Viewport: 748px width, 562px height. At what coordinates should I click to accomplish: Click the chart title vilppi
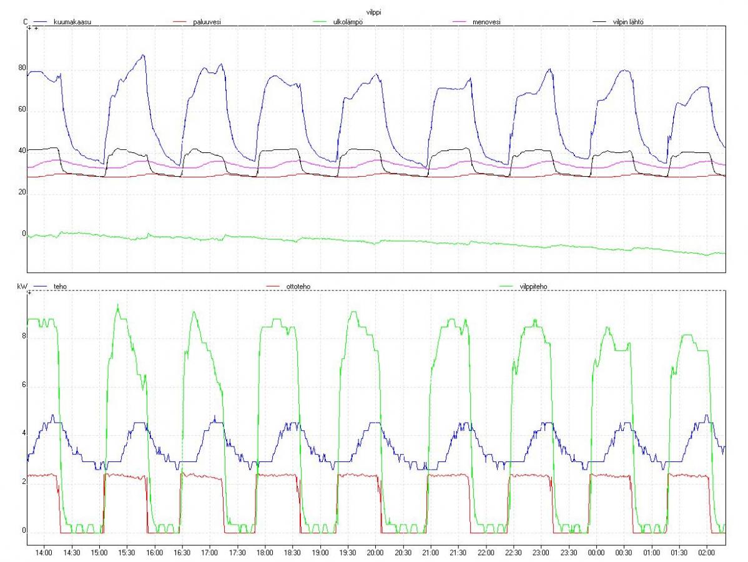(373, 12)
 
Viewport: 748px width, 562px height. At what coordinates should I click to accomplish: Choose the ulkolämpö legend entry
(348, 22)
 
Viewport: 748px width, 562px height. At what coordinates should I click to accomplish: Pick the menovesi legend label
(486, 22)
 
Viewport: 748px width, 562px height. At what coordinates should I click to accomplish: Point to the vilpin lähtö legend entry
(627, 22)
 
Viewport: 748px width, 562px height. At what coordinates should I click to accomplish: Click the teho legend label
(60, 287)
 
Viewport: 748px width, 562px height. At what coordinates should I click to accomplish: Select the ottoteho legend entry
(298, 287)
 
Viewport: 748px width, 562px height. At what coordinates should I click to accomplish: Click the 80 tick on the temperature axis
(22, 67)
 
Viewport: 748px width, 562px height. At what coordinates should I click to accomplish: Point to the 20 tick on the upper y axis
(22, 192)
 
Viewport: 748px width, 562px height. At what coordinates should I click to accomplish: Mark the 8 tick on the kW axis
(24, 336)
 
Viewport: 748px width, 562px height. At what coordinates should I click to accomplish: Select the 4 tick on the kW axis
(24, 434)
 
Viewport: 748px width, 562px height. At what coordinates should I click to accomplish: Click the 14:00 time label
(44, 553)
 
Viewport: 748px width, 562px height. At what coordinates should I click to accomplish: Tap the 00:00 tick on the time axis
(596, 553)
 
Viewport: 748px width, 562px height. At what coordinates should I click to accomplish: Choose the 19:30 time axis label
(348, 553)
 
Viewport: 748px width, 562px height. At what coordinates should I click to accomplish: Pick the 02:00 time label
(707, 553)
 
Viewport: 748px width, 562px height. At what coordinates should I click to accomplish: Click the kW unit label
(22, 287)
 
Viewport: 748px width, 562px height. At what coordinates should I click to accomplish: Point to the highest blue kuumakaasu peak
(143, 56)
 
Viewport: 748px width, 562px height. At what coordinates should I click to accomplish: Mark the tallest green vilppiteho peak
(118, 304)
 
